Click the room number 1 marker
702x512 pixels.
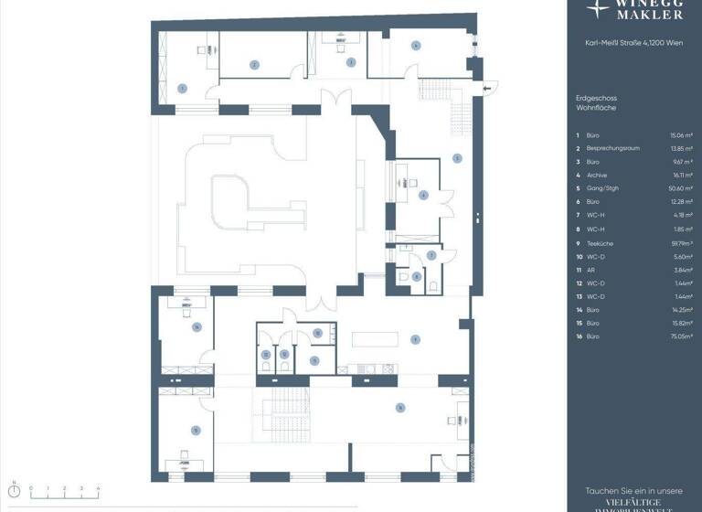click(182, 89)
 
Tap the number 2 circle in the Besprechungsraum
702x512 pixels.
click(255, 64)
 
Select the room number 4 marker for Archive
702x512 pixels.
click(415, 45)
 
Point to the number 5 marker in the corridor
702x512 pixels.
click(456, 158)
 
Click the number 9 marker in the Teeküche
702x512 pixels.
click(414, 338)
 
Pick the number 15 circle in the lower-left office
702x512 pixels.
click(195, 429)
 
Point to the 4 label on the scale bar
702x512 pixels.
click(98, 488)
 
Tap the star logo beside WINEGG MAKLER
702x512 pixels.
click(599, 9)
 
